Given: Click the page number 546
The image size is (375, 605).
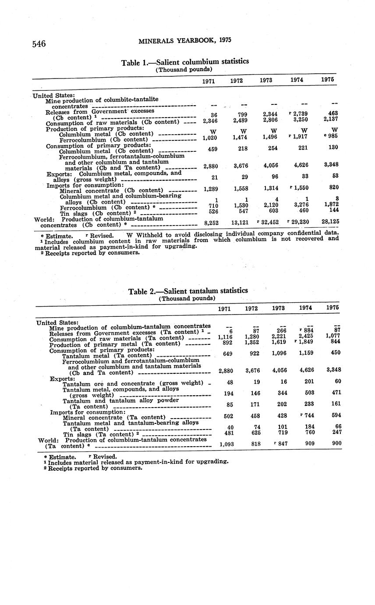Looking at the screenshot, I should pos(39,43).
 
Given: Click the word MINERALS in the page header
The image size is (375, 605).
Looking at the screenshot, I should pos(156,41).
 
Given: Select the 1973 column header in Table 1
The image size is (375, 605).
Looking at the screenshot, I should pos(266,81).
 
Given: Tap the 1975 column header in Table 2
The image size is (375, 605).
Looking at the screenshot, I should pos(333,308).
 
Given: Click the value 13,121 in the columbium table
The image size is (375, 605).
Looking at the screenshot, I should pos(239,222).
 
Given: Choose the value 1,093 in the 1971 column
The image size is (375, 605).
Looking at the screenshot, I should pos(226,444).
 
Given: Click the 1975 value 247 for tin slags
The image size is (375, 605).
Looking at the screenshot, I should pos(334,432).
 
